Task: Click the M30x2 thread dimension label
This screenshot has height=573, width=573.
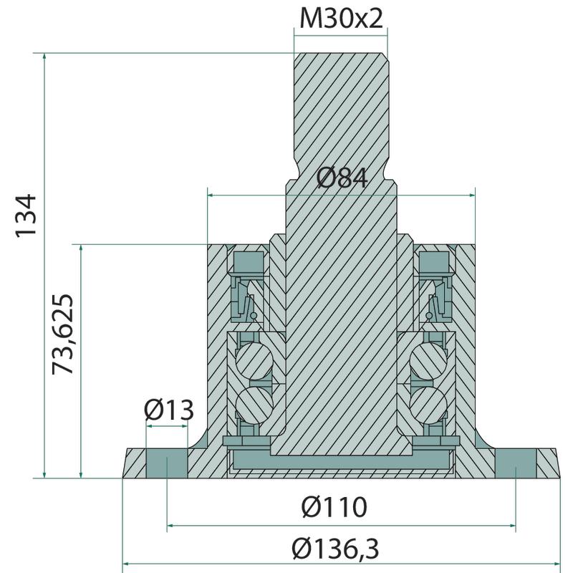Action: coord(341,19)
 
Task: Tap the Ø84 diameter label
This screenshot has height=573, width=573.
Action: coord(342,178)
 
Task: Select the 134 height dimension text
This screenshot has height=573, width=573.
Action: coord(27,216)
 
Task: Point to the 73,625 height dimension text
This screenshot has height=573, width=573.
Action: coord(63,334)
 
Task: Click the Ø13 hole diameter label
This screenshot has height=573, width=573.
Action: coord(168,410)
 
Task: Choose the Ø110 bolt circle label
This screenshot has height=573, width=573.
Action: coord(334,506)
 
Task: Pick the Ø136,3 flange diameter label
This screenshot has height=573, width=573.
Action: coord(335,549)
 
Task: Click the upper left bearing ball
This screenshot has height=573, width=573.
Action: coord(254,360)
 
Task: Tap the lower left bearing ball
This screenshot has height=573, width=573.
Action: coord(254,405)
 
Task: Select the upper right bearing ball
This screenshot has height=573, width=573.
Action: coord(428,360)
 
